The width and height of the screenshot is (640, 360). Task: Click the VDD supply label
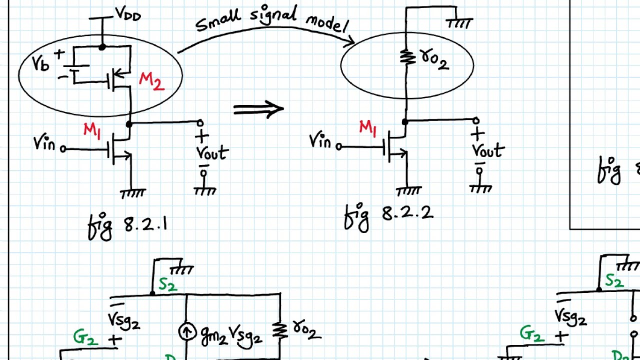[x=128, y=15]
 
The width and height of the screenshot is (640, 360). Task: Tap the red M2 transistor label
[x=152, y=81]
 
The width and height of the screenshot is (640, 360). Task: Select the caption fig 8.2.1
[x=128, y=225]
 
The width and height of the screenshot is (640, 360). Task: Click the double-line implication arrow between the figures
[x=258, y=109]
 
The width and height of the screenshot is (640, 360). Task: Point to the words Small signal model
[x=271, y=20]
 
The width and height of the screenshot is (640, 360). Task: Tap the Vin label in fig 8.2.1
[x=44, y=144]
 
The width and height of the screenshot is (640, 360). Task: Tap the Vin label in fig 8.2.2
[x=320, y=141]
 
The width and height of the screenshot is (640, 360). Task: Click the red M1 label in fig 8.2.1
[x=92, y=130]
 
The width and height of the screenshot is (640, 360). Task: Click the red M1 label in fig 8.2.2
[x=367, y=128]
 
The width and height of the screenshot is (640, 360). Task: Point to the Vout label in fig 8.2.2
[x=488, y=150]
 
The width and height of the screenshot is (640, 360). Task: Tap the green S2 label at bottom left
[x=168, y=284]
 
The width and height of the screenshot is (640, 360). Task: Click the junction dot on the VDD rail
[x=102, y=47]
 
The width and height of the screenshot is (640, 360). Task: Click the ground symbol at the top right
[x=459, y=23]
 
